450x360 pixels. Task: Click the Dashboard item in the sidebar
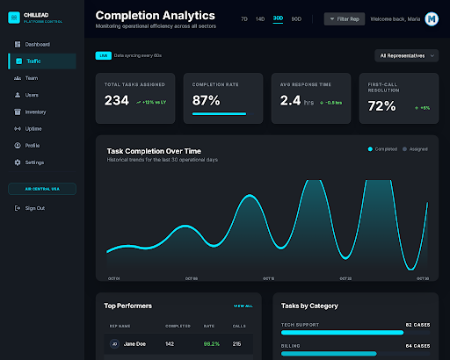pyautogui.click(x=37, y=44)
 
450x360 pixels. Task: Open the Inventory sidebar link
pyautogui.click(x=35, y=112)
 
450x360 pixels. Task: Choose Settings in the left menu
pyautogui.click(x=34, y=162)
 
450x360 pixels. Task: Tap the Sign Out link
pyautogui.click(x=34, y=208)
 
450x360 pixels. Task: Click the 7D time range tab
pyautogui.click(x=244, y=18)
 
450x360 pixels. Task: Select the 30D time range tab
pyautogui.click(x=278, y=18)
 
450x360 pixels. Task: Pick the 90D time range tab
pyautogui.click(x=296, y=18)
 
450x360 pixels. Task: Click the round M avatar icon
pyautogui.click(x=432, y=18)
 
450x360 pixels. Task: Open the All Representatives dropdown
pyautogui.click(x=405, y=55)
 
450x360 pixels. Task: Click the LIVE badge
pyautogui.click(x=103, y=55)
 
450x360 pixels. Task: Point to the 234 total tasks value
pyautogui.click(x=117, y=101)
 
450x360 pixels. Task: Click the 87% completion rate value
pyautogui.click(x=207, y=100)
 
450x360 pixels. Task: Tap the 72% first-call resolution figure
pyautogui.click(x=382, y=106)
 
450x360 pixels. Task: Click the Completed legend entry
pyautogui.click(x=383, y=149)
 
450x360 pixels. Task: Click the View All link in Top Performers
pyautogui.click(x=243, y=306)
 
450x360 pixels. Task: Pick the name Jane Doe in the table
pyautogui.click(x=134, y=344)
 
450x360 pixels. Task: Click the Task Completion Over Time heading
pyautogui.click(x=154, y=151)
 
